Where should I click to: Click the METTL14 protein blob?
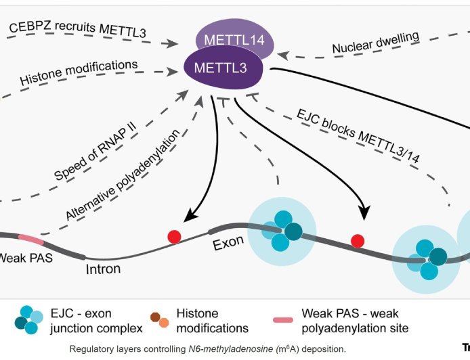coord(234,37)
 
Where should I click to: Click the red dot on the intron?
coord(175,237)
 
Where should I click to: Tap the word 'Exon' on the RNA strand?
coord(230,242)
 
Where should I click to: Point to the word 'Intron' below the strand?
coord(104,269)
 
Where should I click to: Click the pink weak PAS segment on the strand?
coord(30,240)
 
